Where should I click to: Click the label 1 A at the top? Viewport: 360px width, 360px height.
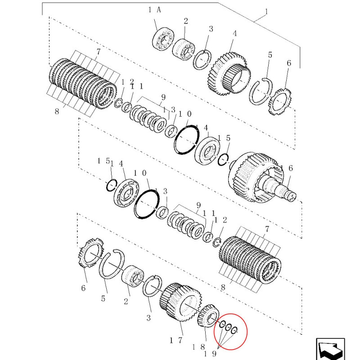click(x=154, y=10)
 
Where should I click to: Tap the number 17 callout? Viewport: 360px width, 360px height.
click(x=175, y=340)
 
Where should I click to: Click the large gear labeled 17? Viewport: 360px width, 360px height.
click(x=180, y=302)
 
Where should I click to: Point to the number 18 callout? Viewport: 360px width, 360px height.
click(x=198, y=347)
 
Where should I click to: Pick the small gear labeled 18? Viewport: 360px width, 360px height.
click(x=208, y=315)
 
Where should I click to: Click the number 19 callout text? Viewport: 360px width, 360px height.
click(x=210, y=354)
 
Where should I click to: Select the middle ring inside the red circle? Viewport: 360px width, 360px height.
click(x=228, y=327)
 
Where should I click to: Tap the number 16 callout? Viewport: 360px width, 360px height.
click(x=286, y=168)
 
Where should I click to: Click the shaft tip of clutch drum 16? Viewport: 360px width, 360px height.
click(x=292, y=197)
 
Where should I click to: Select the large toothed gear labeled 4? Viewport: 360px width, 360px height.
click(x=229, y=73)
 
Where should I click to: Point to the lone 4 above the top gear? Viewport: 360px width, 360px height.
click(x=234, y=33)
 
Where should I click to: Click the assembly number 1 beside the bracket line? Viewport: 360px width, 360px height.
click(x=266, y=11)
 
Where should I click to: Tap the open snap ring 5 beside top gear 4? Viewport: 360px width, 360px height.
click(x=261, y=91)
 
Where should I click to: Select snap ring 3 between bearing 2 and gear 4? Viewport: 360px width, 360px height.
click(x=202, y=60)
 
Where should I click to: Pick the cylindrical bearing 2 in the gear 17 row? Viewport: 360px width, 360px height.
click(x=132, y=276)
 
